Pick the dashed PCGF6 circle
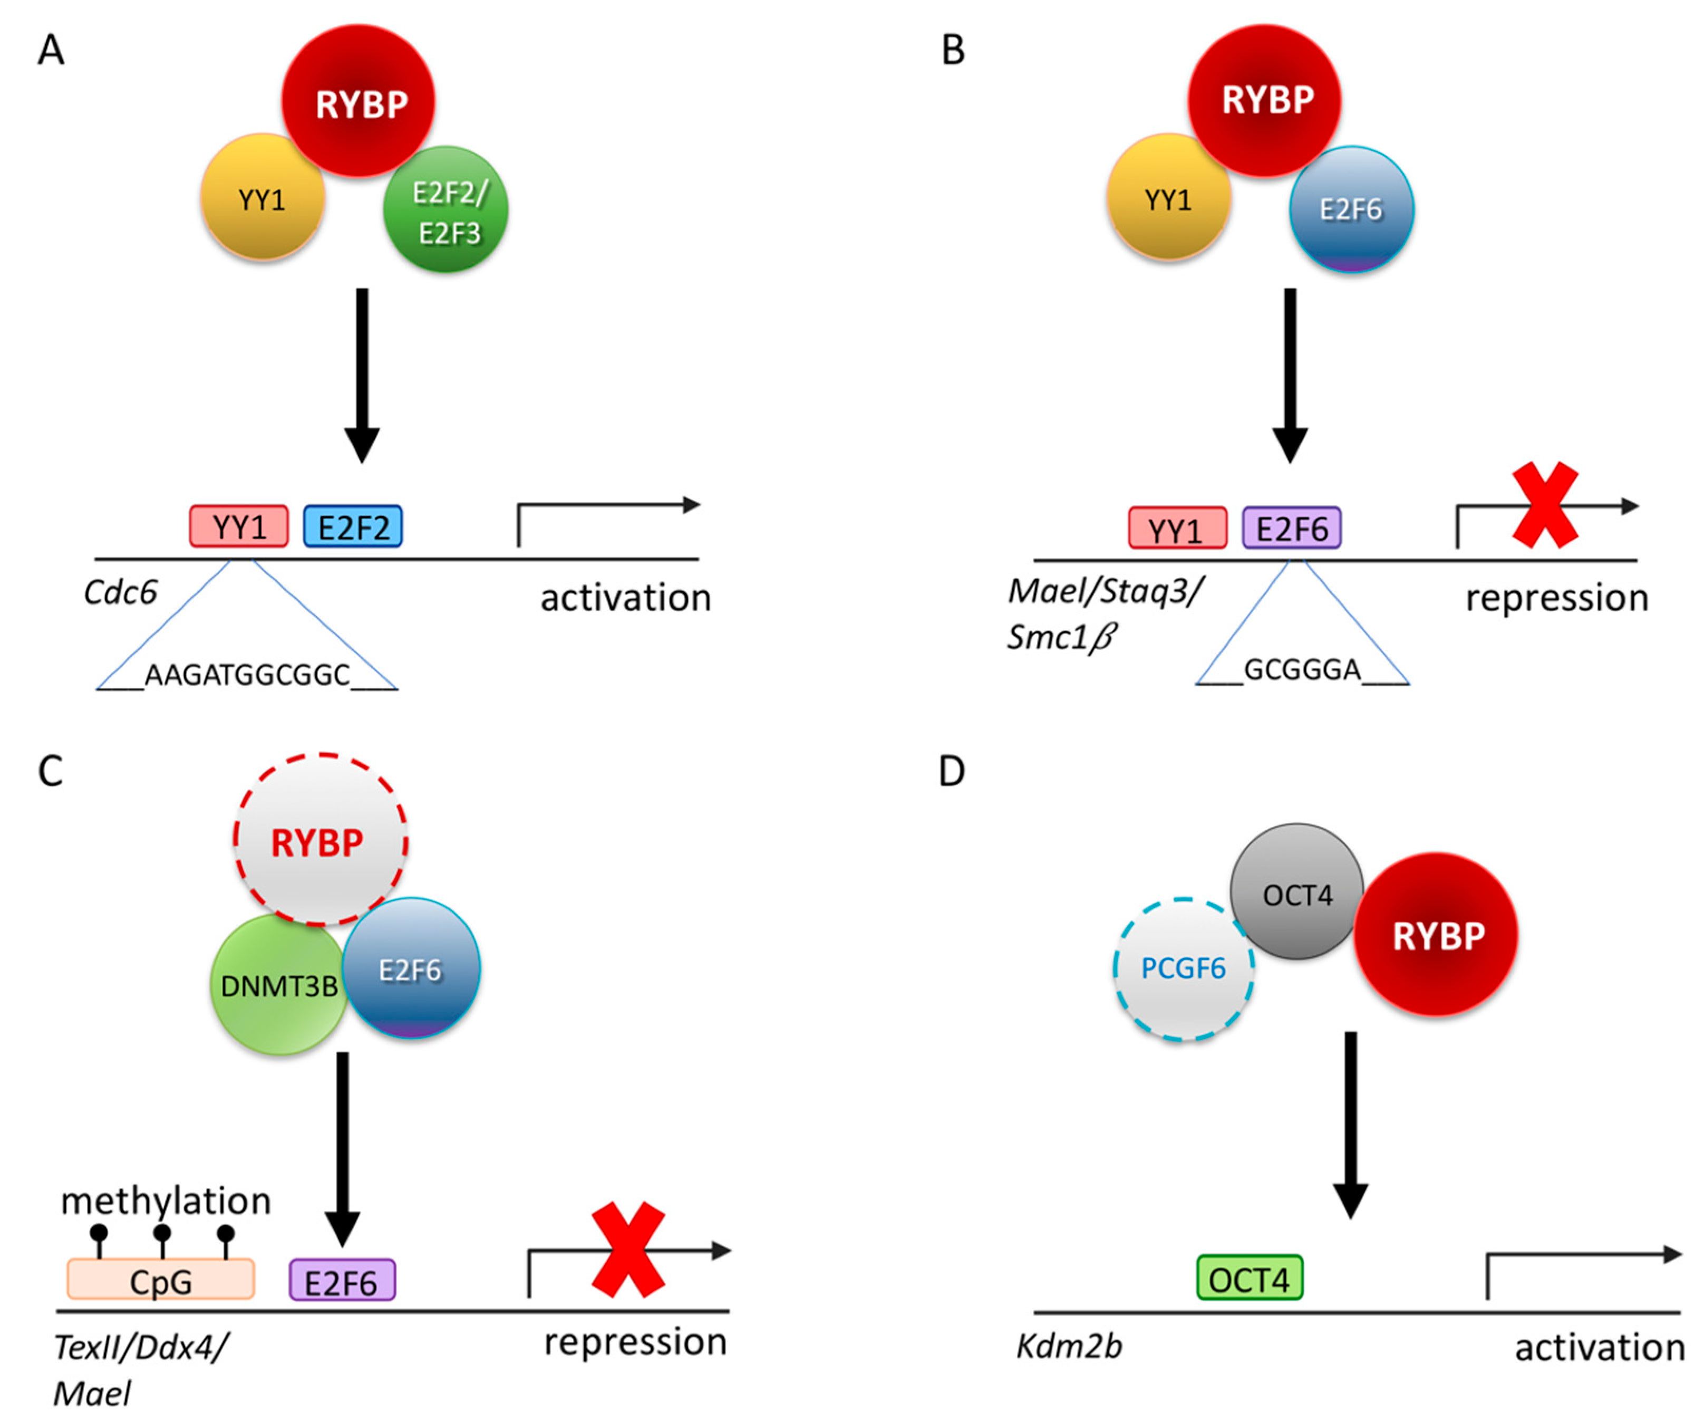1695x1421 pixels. click(1183, 969)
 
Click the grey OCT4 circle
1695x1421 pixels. click(1296, 892)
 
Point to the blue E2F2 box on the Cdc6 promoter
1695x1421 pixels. click(353, 527)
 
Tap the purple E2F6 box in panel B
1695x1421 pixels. click(1292, 529)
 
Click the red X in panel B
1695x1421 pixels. click(1545, 505)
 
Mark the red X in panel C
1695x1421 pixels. click(628, 1250)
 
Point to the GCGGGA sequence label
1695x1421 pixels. click(1302, 670)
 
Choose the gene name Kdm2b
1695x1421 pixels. click(1069, 1347)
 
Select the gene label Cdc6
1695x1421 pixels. click(120, 593)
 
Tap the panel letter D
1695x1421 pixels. click(952, 772)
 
